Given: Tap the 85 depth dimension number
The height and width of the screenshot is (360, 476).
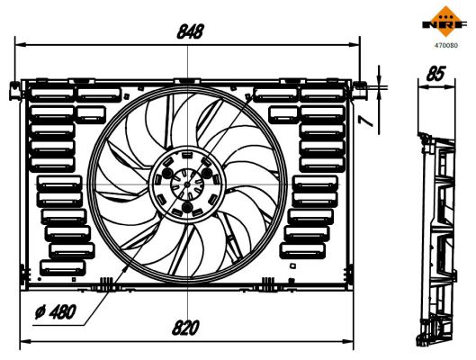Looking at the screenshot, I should tap(438, 76).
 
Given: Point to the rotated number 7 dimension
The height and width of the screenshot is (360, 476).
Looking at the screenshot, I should tap(382, 118).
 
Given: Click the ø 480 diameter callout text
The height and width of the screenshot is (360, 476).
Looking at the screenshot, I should tap(53, 313).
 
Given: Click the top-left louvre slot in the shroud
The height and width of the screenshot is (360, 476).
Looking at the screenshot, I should tap(52, 94).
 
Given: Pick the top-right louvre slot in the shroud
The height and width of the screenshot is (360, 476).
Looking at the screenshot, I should tap(321, 94).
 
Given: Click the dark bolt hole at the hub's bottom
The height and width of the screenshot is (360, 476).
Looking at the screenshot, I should tap(187, 210).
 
